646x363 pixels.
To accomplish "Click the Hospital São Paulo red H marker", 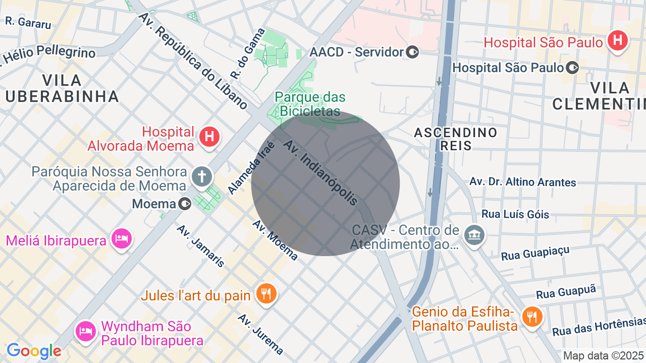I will pyautogui.click(x=618, y=40).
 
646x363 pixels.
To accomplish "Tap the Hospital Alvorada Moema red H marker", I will pyautogui.click(x=209, y=137).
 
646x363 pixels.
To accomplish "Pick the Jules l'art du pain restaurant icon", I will pyautogui.click(x=266, y=293).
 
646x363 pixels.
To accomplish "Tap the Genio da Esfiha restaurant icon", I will pyautogui.click(x=531, y=317).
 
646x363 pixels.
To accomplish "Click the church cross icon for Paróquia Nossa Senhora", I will pyautogui.click(x=202, y=177).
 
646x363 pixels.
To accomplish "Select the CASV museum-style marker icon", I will pyautogui.click(x=474, y=234).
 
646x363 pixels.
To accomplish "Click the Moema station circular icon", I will pyautogui.click(x=185, y=204).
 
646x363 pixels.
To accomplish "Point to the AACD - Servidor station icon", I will pyautogui.click(x=413, y=52).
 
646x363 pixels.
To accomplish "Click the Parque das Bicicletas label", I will pyautogui.click(x=310, y=103).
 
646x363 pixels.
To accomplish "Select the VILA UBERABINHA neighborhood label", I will pyautogui.click(x=62, y=88).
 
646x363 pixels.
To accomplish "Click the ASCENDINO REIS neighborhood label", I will pyautogui.click(x=456, y=139).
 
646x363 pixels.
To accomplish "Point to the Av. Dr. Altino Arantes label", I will pyautogui.click(x=522, y=181).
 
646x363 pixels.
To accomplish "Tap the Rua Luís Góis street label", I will pyautogui.click(x=515, y=214).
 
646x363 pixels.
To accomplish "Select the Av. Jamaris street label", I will pyautogui.click(x=200, y=246).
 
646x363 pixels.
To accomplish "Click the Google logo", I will pyautogui.click(x=34, y=350).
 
